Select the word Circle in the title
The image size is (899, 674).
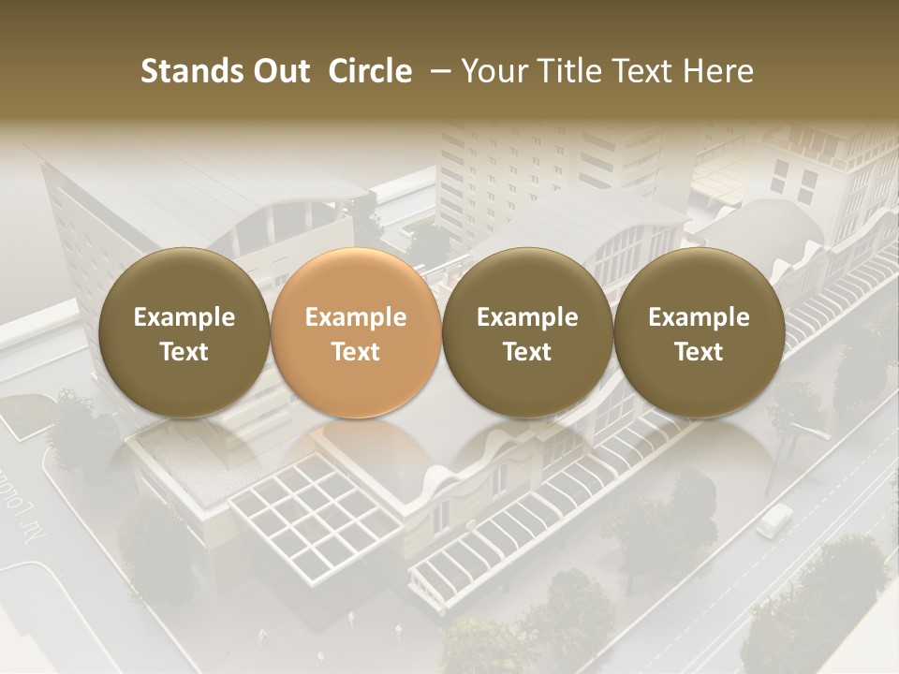pyautogui.click(x=370, y=71)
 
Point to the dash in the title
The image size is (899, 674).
pyautogui.click(x=437, y=71)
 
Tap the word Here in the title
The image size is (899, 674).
pyautogui.click(x=719, y=71)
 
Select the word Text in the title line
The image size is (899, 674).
pyautogui.click(x=644, y=71)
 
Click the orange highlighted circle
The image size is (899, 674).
pyautogui.click(x=356, y=332)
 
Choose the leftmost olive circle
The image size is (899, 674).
pyautogui.click(x=184, y=332)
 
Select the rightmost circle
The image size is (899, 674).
pyautogui.click(x=700, y=332)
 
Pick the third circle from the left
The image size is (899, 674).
pyautogui.click(x=527, y=332)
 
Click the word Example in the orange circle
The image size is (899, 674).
pyautogui.click(x=356, y=317)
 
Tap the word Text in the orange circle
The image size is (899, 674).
pyautogui.click(x=356, y=352)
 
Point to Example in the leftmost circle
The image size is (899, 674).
pyautogui.click(x=184, y=317)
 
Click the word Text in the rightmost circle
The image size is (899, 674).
pyautogui.click(x=700, y=352)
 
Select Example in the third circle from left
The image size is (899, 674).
pyautogui.click(x=527, y=317)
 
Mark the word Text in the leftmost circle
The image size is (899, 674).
pyautogui.click(x=184, y=352)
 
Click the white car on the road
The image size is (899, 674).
pyautogui.click(x=774, y=520)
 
